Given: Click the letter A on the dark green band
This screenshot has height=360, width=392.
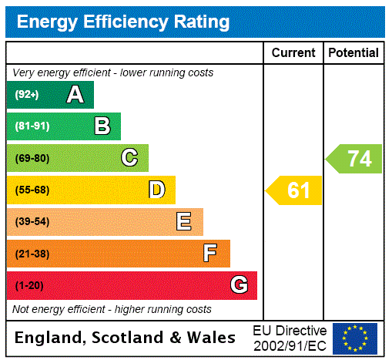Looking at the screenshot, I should click(75, 95).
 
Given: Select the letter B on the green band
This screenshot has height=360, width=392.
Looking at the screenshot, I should click(102, 126).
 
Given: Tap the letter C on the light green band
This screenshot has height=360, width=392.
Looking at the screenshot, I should click(129, 158).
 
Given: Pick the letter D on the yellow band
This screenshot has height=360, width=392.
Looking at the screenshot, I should click(156, 190).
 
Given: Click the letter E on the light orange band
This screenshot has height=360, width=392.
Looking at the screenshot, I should click(183, 222).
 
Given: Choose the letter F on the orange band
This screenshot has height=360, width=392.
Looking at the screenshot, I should click(209, 254).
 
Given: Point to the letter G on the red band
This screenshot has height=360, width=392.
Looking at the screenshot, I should click(239, 285).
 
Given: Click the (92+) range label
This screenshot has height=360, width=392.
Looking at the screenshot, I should click(27, 95).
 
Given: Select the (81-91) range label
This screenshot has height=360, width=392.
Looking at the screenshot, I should click(32, 126).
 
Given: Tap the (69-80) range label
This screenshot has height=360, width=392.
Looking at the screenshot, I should click(32, 158).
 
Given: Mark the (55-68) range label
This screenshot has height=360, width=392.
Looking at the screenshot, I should click(32, 190).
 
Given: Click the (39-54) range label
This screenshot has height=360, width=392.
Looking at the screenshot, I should click(32, 222).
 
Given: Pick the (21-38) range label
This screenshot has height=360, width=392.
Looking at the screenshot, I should click(32, 254).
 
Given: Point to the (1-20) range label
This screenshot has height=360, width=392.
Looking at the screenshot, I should click(29, 285).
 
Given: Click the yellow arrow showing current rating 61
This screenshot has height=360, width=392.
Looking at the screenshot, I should click(295, 190).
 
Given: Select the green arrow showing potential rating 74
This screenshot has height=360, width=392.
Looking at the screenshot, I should click(355, 158).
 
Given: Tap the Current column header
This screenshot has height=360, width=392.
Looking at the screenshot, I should click(293, 52).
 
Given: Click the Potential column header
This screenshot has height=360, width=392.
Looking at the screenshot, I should click(353, 52).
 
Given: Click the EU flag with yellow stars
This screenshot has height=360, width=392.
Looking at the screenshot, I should click(355, 338).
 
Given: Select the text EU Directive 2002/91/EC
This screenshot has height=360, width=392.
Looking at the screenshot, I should click(290, 338).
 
